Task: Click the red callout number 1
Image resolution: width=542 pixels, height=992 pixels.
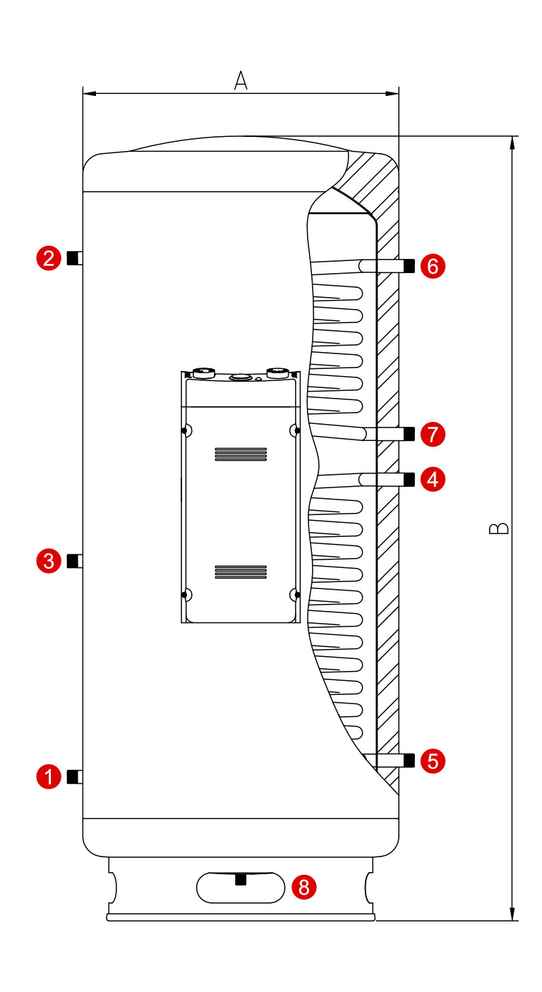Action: pyautogui.click(x=49, y=776)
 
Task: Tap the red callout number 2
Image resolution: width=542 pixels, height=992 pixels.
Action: pyautogui.click(x=49, y=258)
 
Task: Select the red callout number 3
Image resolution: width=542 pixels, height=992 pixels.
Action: pyautogui.click(x=49, y=561)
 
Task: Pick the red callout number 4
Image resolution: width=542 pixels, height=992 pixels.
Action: pyautogui.click(x=433, y=479)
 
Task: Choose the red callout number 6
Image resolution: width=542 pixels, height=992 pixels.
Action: pyautogui.click(x=433, y=266)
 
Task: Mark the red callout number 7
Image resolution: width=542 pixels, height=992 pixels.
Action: pyautogui.click(x=433, y=434)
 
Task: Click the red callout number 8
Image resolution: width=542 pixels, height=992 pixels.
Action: pyautogui.click(x=303, y=887)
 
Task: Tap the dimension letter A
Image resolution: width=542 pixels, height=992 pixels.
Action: pyautogui.click(x=241, y=80)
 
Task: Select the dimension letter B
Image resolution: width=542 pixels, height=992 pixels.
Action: pyautogui.click(x=499, y=528)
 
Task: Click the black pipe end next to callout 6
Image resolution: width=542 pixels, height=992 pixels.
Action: pyautogui.click(x=409, y=266)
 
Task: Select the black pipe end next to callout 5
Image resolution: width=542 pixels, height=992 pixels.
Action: pyautogui.click(x=409, y=761)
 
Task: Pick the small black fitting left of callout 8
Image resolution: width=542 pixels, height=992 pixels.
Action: pyautogui.click(x=241, y=879)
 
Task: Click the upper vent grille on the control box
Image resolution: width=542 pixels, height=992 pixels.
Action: pyautogui.click(x=241, y=454)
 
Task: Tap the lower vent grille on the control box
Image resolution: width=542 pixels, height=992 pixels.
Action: pyautogui.click(x=241, y=572)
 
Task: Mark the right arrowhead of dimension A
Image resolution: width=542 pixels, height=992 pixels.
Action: pyautogui.click(x=392, y=93)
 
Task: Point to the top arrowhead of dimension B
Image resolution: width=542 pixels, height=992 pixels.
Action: pyautogui.click(x=512, y=143)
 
